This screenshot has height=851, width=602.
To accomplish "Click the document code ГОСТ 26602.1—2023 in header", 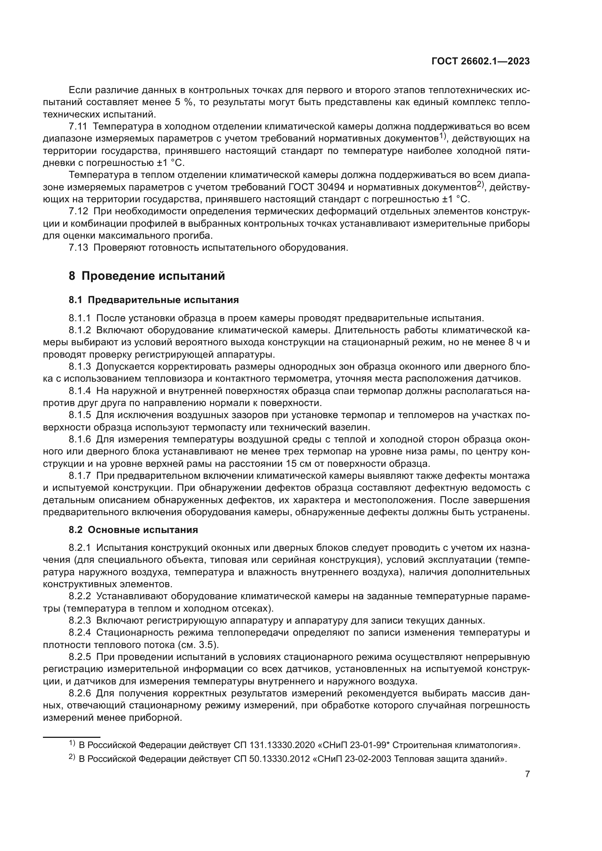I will (480, 61).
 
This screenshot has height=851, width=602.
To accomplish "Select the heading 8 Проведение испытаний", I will (147, 276).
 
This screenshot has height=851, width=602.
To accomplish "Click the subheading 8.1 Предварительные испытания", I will (154, 300).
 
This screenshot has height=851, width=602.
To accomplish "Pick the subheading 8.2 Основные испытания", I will (133, 530).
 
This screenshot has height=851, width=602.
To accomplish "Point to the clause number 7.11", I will (78, 127).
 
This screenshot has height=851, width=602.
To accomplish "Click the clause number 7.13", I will (78, 248).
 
